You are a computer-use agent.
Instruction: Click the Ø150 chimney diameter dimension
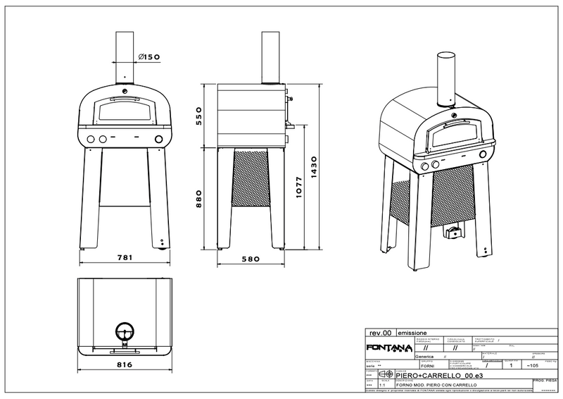click(148, 57)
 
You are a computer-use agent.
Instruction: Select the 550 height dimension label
click(199, 114)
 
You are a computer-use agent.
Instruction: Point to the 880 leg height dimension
click(199, 199)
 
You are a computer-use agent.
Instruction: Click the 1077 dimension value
click(300, 188)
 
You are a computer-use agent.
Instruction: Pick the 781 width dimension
click(124, 258)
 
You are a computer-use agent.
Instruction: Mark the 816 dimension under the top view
click(124, 365)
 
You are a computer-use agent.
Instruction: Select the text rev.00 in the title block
click(381, 332)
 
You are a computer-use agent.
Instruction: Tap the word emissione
click(411, 332)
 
